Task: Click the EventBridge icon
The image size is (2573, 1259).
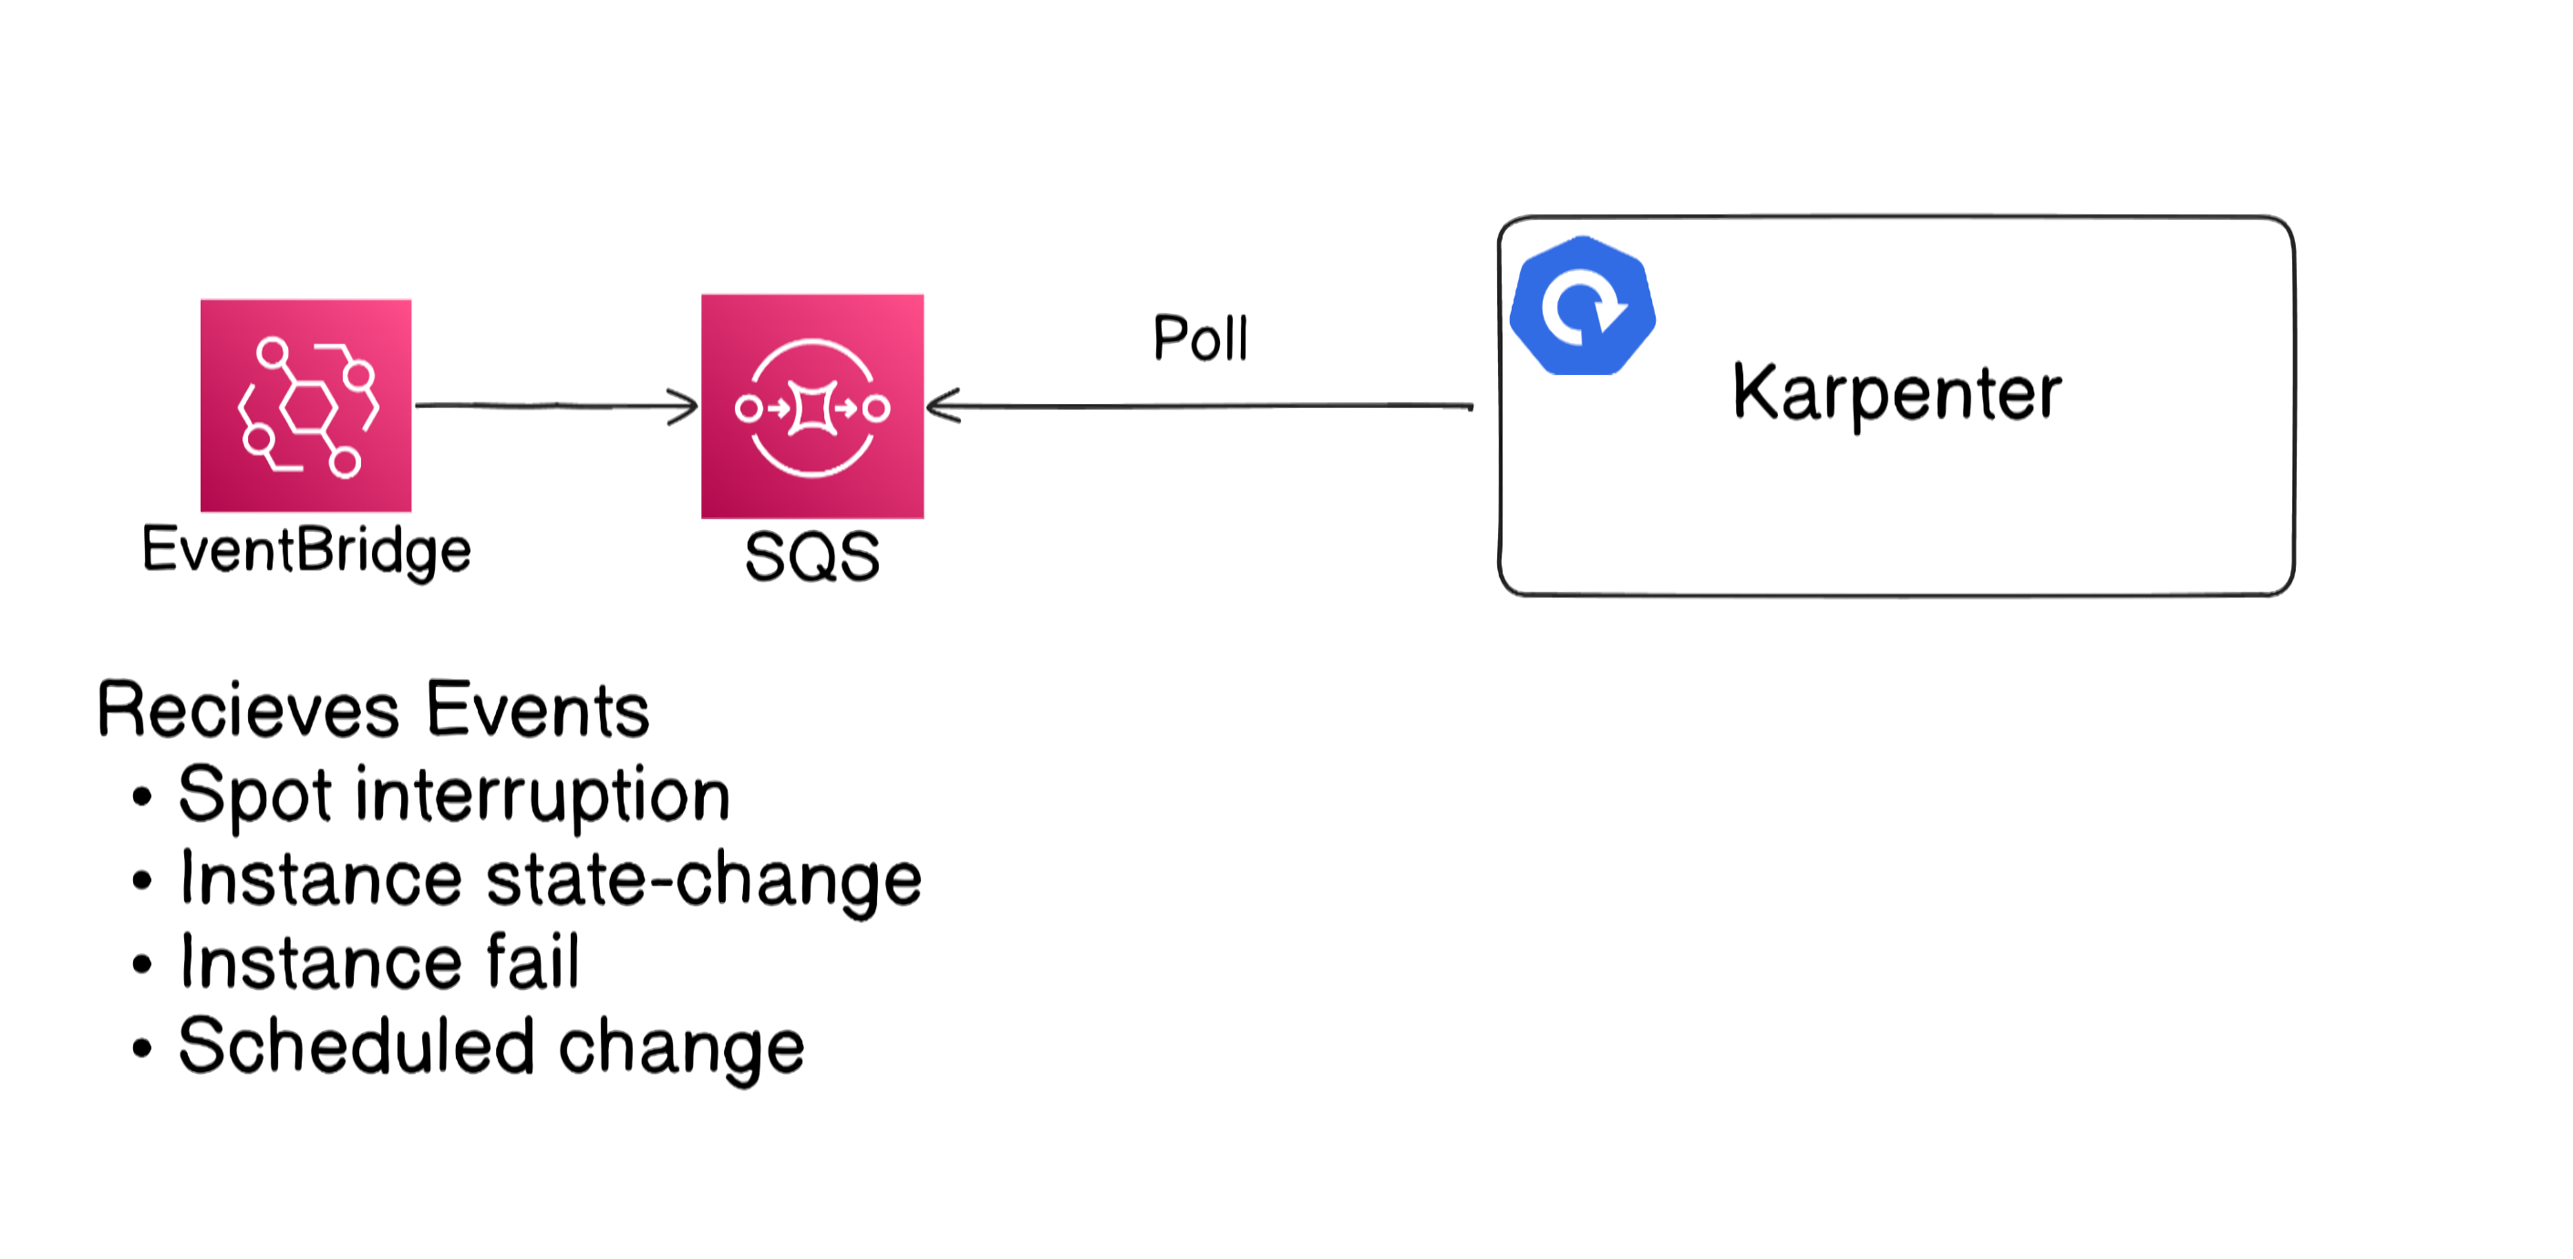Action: pyautogui.click(x=305, y=406)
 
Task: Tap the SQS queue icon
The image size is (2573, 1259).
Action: pyautogui.click(x=812, y=407)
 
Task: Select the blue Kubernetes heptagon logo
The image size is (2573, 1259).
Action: pyautogui.click(x=1582, y=306)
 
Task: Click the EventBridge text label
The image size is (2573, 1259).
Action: pyautogui.click(x=306, y=550)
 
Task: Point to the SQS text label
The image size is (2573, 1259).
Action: pyautogui.click(x=812, y=557)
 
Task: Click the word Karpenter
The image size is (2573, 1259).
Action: pyautogui.click(x=1896, y=392)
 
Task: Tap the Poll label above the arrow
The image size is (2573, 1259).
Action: pyautogui.click(x=1201, y=338)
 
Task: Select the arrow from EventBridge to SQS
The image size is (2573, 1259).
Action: pyautogui.click(x=556, y=406)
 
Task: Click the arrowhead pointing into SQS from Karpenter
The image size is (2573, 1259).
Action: pyautogui.click(x=944, y=406)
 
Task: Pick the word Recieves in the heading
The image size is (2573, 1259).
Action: pyautogui.click(x=249, y=711)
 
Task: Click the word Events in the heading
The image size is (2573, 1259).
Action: pyautogui.click(x=538, y=711)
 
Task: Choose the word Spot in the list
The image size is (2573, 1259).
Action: pyautogui.click(x=254, y=796)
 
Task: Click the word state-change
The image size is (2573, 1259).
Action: pyautogui.click(x=704, y=880)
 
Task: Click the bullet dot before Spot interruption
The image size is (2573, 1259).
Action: pyautogui.click(x=142, y=797)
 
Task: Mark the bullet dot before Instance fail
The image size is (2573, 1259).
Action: pyautogui.click(x=142, y=965)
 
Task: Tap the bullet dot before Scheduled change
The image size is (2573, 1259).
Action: pyautogui.click(x=142, y=1049)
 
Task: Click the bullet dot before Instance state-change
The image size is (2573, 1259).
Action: pyautogui.click(x=142, y=881)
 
